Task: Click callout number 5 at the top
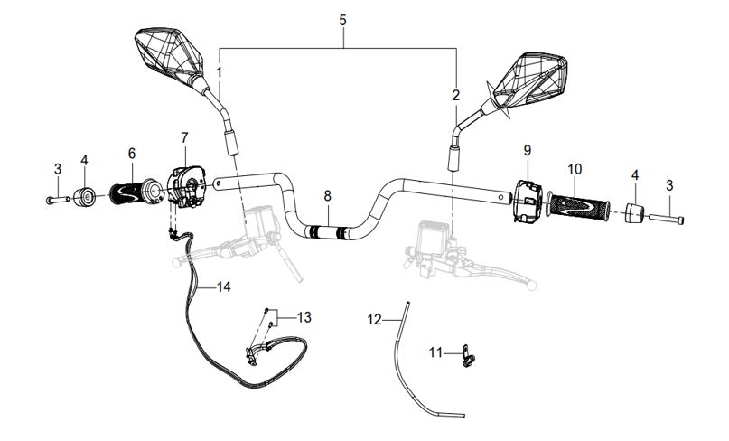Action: (342, 19)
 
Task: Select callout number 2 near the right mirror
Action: (456, 94)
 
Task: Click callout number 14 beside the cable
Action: (223, 286)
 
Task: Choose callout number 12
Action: (375, 319)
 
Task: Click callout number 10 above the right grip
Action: (575, 168)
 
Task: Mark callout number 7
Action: (184, 137)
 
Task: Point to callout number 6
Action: (131, 153)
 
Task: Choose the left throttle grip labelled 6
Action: (134, 192)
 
